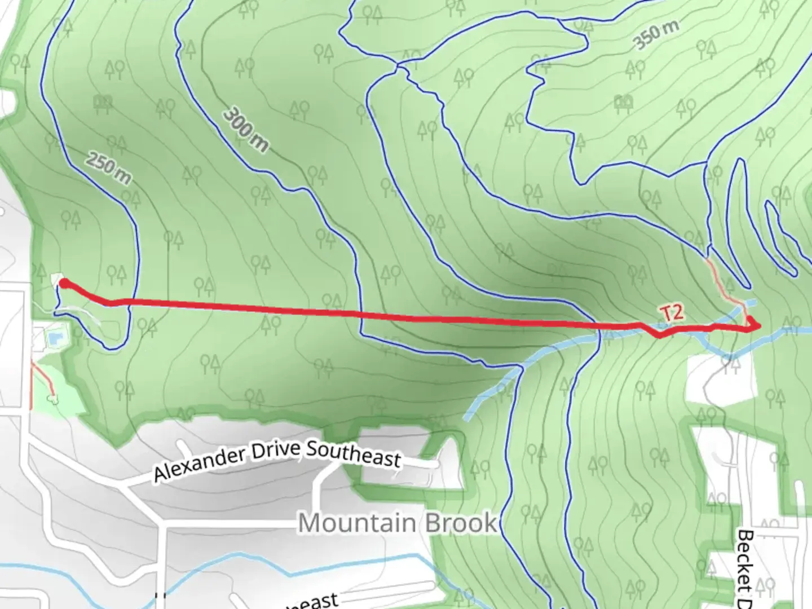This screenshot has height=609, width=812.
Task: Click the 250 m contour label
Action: (x=109, y=168)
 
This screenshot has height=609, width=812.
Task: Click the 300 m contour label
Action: (x=245, y=130)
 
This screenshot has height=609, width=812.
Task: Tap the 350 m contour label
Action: (x=655, y=35)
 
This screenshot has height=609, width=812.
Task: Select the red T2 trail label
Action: (x=672, y=314)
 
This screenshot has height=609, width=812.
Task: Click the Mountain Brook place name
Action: (x=397, y=523)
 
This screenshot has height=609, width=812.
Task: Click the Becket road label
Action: (x=745, y=567)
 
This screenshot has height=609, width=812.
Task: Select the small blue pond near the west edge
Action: (x=55, y=339)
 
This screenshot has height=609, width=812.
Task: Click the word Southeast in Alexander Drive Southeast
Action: (x=354, y=453)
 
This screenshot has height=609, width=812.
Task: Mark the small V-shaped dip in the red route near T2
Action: (x=659, y=336)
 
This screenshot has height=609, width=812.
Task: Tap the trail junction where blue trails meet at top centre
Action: (x=399, y=67)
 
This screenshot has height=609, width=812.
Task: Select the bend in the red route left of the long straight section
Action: (x=112, y=303)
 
